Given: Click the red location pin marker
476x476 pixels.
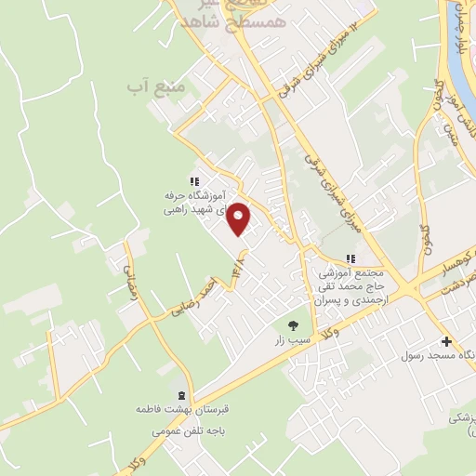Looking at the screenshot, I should point(239,219).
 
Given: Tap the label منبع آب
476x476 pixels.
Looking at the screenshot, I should point(151,86).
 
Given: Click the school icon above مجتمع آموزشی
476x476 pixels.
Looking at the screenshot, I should point(350,258).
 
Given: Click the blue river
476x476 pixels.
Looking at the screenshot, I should point(466,46).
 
